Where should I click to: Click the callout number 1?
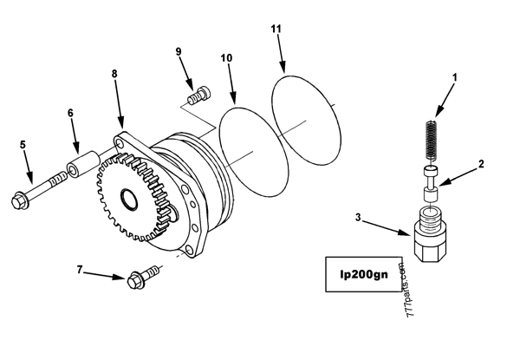click(455, 78)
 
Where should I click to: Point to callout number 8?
click(114, 75)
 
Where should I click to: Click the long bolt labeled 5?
click(39, 189)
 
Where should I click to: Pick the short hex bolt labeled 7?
click(139, 279)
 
